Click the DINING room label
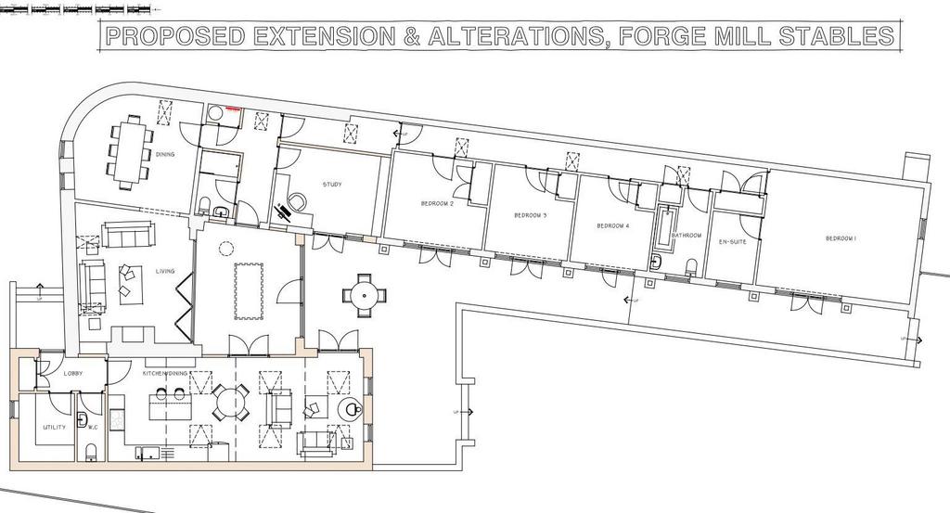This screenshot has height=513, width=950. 165,155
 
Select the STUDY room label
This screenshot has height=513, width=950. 332,185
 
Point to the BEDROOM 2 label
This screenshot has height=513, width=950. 436,203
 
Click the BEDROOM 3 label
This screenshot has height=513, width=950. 530,215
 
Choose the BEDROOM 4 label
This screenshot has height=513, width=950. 612,225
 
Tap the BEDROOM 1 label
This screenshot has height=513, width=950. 841,238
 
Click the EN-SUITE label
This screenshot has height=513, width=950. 733,241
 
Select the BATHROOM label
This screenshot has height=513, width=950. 687,236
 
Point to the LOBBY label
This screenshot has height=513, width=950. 74,373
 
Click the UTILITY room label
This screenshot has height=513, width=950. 53,429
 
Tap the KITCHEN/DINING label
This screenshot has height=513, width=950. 165,373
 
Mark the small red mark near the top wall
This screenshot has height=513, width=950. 231,109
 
